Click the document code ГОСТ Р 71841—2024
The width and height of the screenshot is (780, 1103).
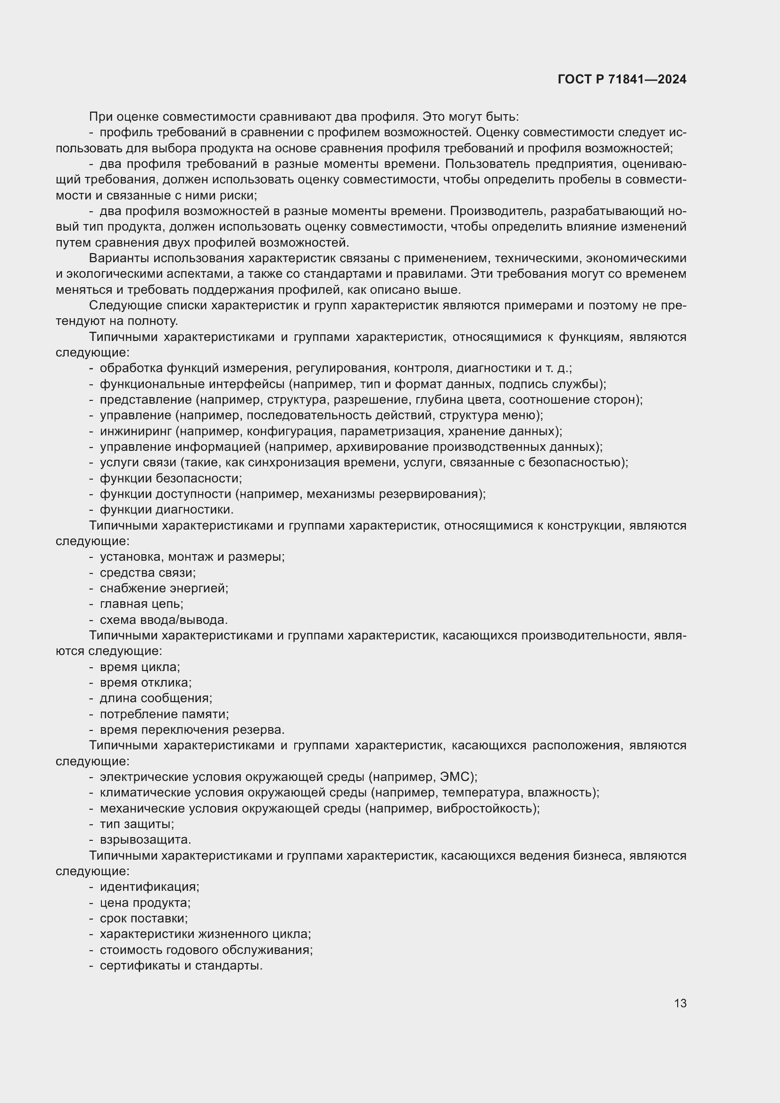(x=622, y=80)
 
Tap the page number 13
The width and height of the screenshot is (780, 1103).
(x=680, y=1003)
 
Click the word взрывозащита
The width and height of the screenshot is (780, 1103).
(x=145, y=840)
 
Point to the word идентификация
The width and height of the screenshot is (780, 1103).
(x=149, y=887)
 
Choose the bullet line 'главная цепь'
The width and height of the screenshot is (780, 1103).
(x=141, y=604)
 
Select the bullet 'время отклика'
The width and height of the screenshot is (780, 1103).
(x=146, y=683)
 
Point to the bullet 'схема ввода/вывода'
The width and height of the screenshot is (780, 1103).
(x=163, y=620)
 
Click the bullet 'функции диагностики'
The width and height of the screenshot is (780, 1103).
(x=166, y=509)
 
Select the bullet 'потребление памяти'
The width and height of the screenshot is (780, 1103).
(x=164, y=714)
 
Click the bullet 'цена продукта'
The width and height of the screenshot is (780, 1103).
(x=145, y=903)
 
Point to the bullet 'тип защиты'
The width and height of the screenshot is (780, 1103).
(x=136, y=824)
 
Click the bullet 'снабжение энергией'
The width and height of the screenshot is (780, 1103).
(x=164, y=588)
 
